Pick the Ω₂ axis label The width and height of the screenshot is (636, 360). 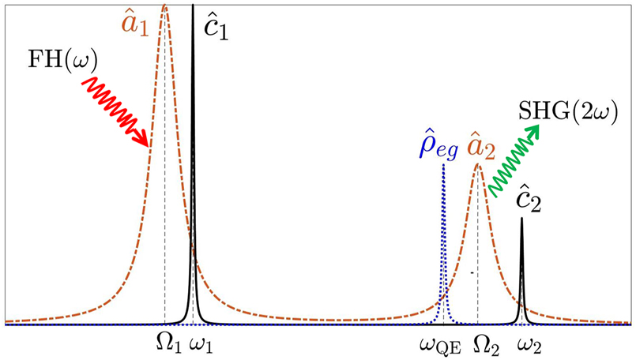click(x=484, y=343)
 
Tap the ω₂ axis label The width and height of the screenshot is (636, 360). click(x=529, y=344)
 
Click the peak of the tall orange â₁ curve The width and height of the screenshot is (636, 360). click(x=164, y=6)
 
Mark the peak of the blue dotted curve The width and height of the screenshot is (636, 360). click(x=443, y=165)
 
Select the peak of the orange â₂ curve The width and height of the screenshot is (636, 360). click(x=477, y=164)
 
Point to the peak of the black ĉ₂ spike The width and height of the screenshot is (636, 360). click(x=521, y=219)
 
